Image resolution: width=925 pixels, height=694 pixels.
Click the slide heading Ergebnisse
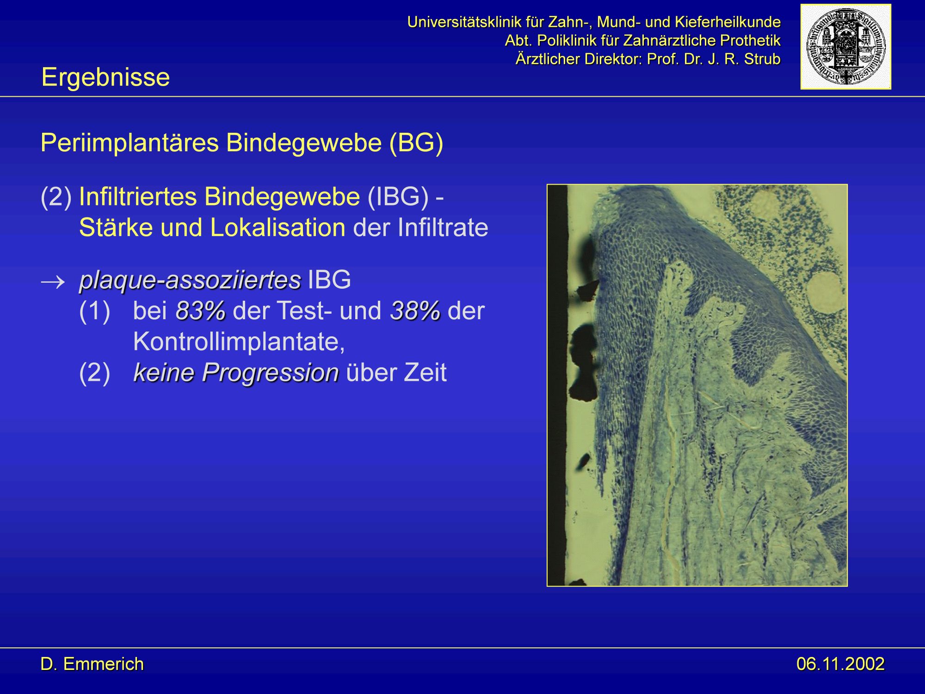point(105,77)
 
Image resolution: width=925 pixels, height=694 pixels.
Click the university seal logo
point(845,47)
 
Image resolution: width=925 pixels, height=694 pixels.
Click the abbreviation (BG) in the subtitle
point(416,143)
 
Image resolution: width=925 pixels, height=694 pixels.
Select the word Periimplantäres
point(129,143)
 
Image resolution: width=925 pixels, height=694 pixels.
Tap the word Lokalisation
point(277,228)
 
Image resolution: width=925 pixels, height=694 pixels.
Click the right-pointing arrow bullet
point(53,281)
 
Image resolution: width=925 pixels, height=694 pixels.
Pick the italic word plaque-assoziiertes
point(190,280)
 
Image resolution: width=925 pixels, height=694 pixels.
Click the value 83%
point(201,310)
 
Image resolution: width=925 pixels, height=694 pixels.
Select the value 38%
point(415,310)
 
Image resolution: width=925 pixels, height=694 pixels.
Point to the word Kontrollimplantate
point(239,342)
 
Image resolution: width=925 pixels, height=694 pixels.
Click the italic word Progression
point(270,373)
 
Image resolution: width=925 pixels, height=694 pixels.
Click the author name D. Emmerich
point(92,664)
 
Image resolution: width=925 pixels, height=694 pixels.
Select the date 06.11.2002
point(840,664)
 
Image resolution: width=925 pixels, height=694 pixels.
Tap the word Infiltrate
point(443,228)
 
